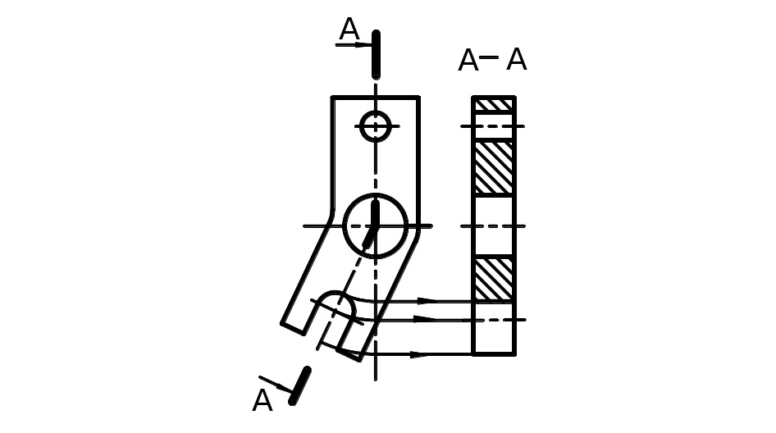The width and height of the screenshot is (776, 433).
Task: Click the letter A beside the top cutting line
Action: point(349,30)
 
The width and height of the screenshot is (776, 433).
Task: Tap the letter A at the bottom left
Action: point(262,400)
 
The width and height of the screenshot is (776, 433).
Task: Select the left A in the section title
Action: point(468,60)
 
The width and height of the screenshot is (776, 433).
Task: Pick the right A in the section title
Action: point(516,59)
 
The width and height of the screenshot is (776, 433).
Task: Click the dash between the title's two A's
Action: point(490,57)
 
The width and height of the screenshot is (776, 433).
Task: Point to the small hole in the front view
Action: point(375,126)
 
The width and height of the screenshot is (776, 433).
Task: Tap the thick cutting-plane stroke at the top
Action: point(376,52)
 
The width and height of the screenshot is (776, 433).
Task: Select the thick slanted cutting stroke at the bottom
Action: point(300,385)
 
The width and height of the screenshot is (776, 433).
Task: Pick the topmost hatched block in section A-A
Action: point(494,105)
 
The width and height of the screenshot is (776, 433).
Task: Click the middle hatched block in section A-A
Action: point(494,168)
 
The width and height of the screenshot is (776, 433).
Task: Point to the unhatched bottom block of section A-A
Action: point(494,336)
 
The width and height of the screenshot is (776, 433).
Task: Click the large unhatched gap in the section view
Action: point(494,226)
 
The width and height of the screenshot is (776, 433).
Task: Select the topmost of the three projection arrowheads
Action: point(427,300)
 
